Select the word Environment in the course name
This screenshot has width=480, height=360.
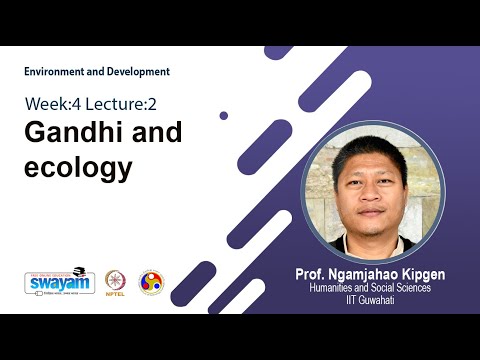pyautogui.click(x=57, y=72)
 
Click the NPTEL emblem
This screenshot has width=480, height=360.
pyautogui.click(x=116, y=279)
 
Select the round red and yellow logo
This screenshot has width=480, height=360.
pyautogui.click(x=151, y=281)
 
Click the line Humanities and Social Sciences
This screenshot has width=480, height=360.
pyautogui.click(x=371, y=287)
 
